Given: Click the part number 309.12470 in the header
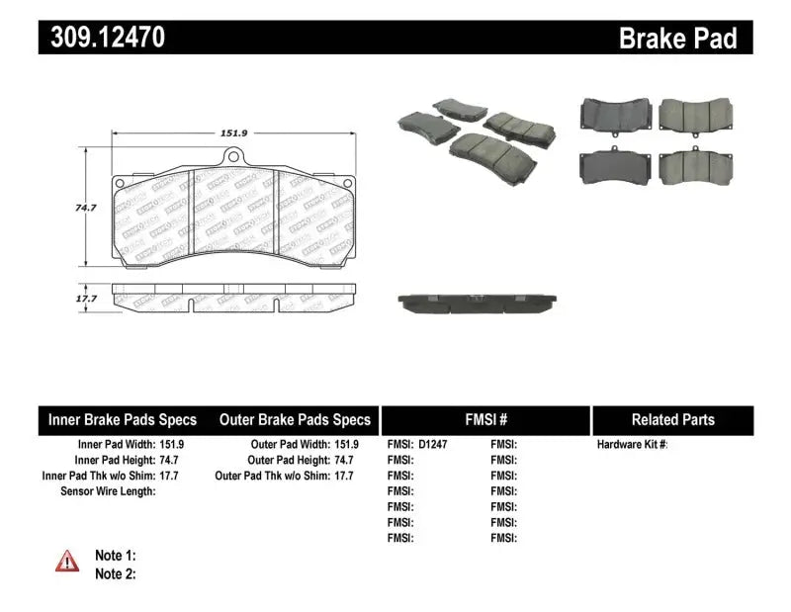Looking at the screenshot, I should coord(103,38).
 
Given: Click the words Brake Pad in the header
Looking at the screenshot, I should coord(677,39).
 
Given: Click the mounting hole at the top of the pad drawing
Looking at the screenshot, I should coord(233,154).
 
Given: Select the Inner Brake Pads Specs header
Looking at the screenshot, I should coord(123,420).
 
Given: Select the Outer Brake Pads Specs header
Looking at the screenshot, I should coord(295,420).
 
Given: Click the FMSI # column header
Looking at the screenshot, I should coord(484,420).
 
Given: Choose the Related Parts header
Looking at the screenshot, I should coord(672,420).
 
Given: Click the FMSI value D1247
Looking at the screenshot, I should coord(431,445).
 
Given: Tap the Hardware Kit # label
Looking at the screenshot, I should coord(632,445).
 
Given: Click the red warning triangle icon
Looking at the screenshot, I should coord(67,562).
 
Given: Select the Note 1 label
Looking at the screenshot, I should coord(115,556).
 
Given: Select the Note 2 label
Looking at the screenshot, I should coord(115,573).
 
